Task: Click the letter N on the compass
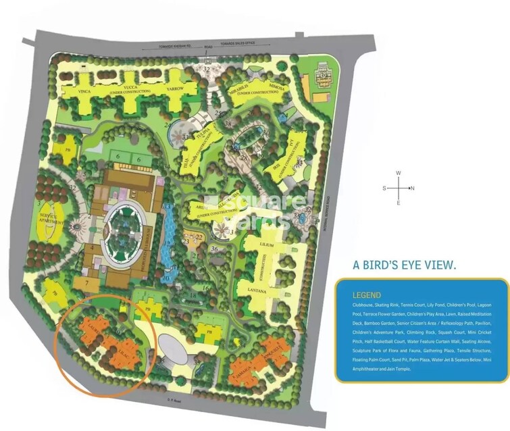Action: click(x=412, y=188)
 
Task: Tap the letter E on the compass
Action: click(x=399, y=203)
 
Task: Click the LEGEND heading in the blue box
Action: click(x=366, y=295)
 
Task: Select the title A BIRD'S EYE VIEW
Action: click(x=405, y=265)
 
